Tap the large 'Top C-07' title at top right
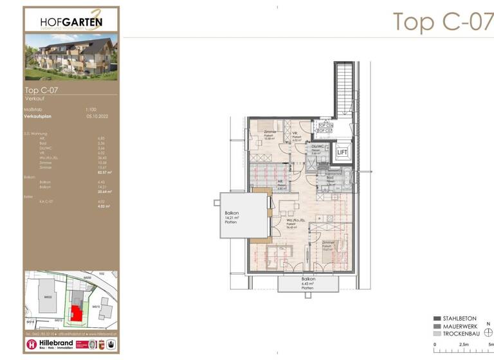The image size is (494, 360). (443, 21)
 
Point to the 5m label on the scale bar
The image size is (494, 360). (490, 345)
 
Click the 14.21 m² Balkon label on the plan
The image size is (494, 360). (232, 218)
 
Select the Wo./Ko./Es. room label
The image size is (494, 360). (297, 222)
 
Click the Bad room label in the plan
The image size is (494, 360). (329, 179)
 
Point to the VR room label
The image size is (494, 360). (296, 134)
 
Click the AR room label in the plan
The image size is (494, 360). (281, 182)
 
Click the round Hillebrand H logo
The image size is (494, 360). (32, 345)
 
